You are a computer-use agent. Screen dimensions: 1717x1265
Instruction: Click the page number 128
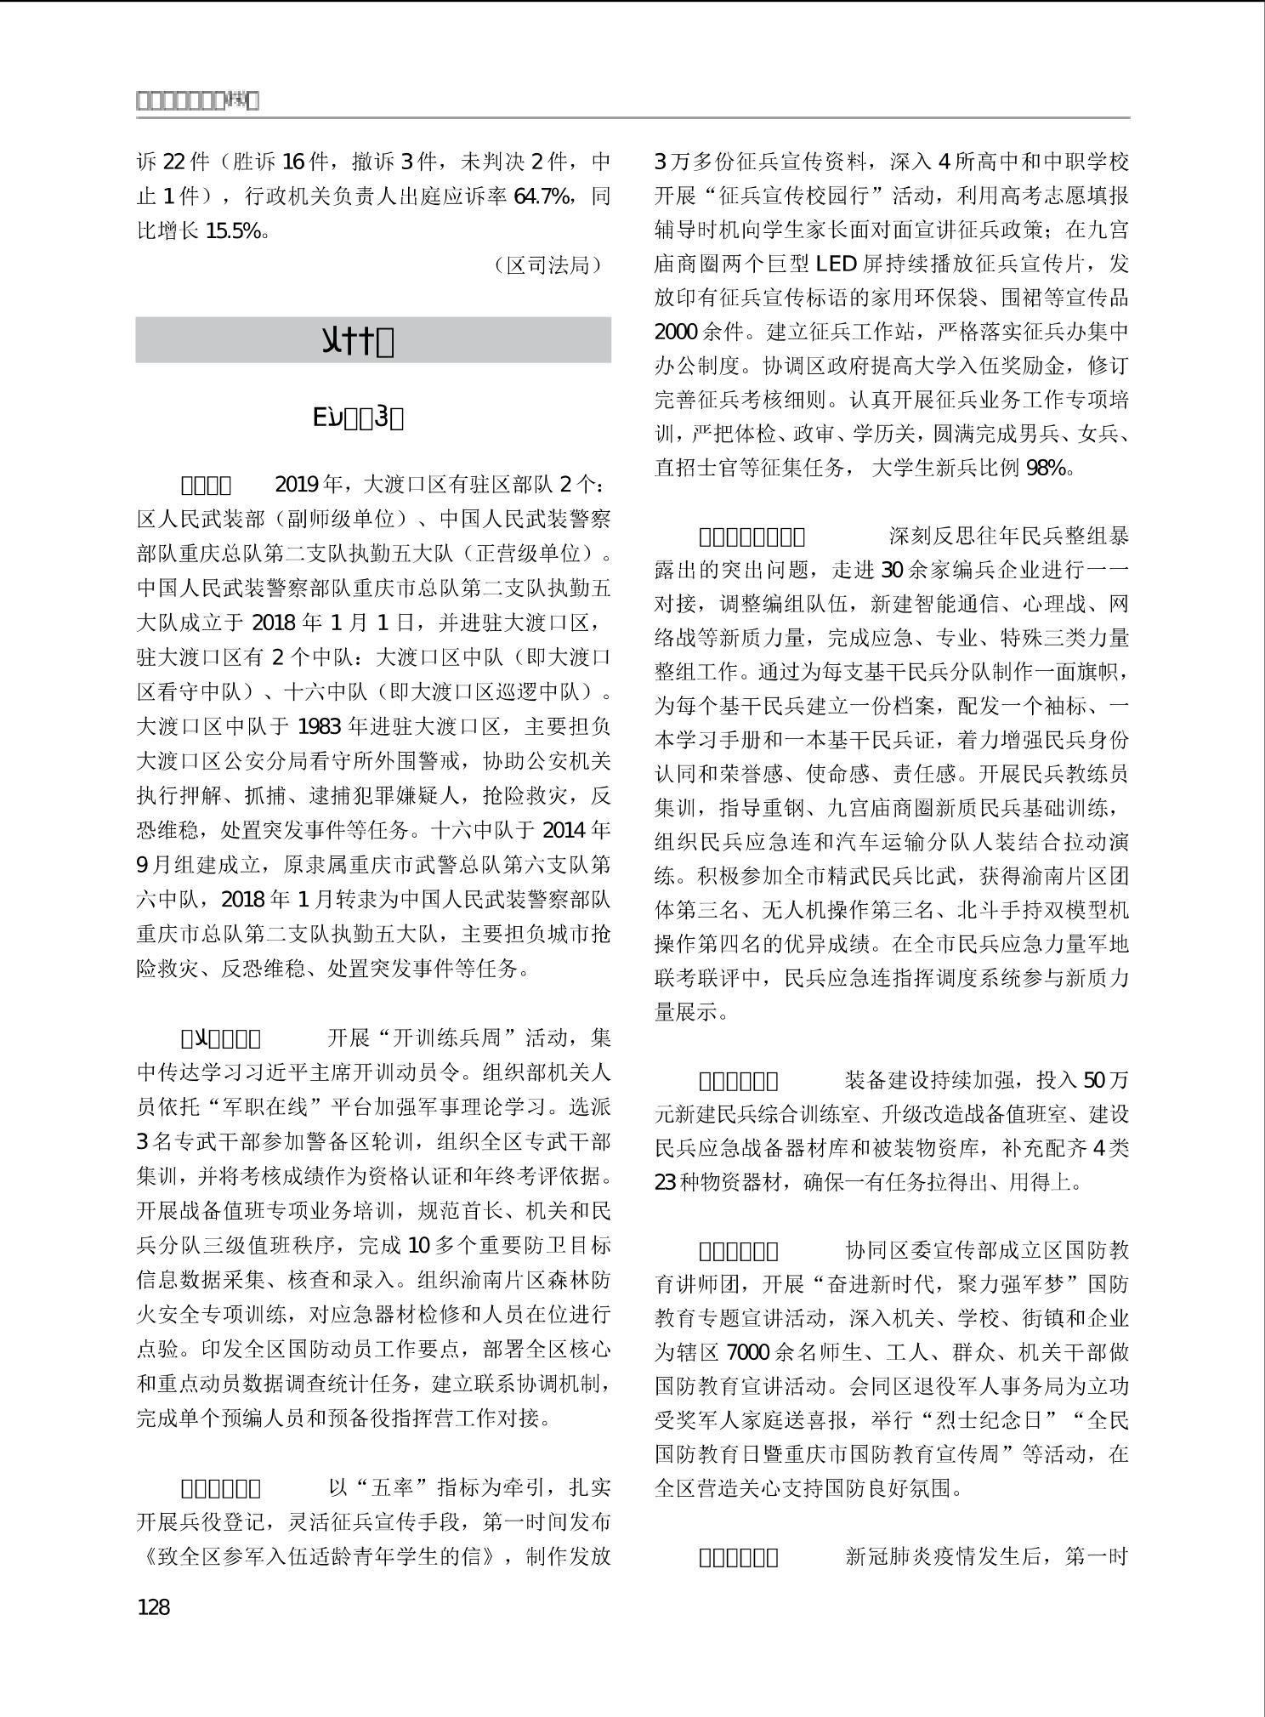click(154, 1606)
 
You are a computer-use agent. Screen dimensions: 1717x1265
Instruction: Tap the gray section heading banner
click(373, 340)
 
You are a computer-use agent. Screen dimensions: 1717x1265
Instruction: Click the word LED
click(837, 264)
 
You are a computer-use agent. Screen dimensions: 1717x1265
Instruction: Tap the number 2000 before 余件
click(677, 332)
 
